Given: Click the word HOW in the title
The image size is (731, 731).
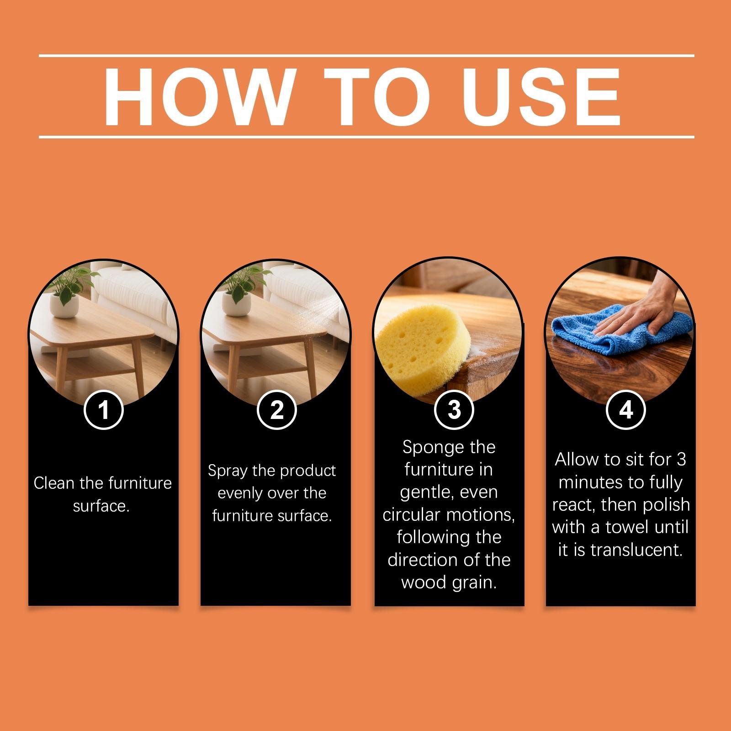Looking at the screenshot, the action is point(197,97).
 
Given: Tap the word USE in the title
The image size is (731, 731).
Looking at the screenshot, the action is point(541,97).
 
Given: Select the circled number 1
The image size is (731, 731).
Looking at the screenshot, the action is point(104,409).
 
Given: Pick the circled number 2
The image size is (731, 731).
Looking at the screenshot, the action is point(276,409).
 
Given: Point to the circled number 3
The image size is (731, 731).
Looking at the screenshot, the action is point(454,409).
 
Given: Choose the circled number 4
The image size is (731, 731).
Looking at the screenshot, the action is point(625,409).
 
